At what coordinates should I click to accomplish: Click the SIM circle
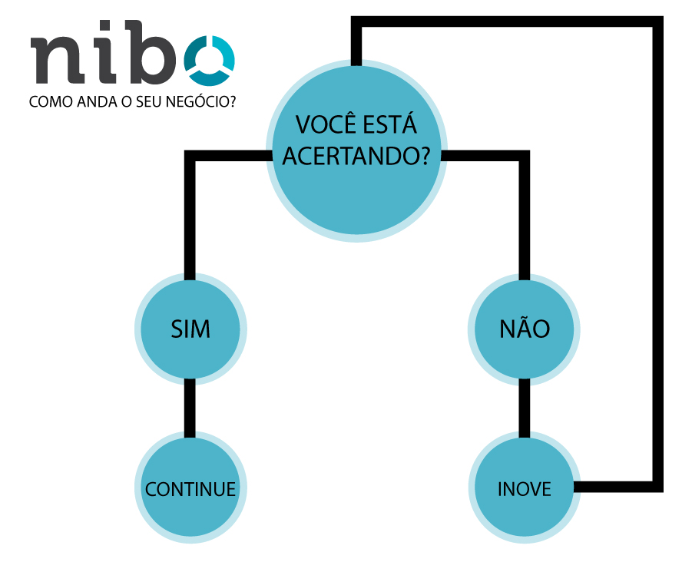(x=190, y=329)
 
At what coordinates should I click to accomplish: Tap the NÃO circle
(x=525, y=329)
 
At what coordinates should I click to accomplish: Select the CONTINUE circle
(x=190, y=489)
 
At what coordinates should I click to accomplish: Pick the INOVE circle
(x=525, y=489)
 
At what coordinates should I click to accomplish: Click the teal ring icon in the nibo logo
(x=209, y=60)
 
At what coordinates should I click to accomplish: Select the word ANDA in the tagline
(x=93, y=101)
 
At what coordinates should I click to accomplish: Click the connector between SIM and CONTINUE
(x=190, y=407)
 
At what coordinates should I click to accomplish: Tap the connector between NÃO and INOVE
(x=525, y=407)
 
